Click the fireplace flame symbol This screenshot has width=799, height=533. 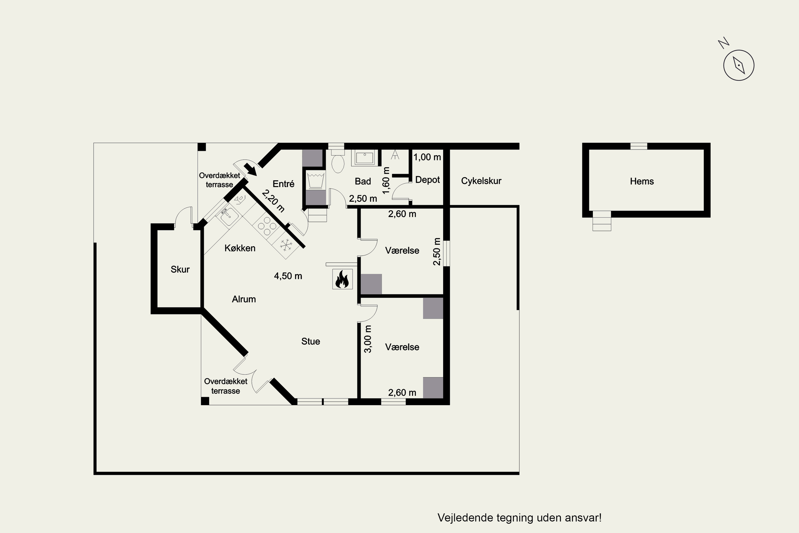pos(342,279)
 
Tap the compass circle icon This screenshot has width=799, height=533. pos(739,65)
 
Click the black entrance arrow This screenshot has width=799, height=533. pos(250,169)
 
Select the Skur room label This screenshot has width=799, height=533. pos(180,269)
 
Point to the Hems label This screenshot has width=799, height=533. pos(642,181)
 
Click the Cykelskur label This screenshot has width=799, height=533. pos(481,181)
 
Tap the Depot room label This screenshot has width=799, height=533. pos(427,180)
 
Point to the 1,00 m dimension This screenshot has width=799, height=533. pos(427,157)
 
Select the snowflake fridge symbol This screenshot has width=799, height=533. pos(286,245)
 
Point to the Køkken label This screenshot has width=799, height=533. pos(240,248)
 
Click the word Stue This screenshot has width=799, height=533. pos(311,341)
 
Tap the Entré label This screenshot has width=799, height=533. pos(283,184)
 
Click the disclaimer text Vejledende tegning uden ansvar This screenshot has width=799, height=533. pos(519,518)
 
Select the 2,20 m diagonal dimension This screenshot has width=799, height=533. pos(273,201)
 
